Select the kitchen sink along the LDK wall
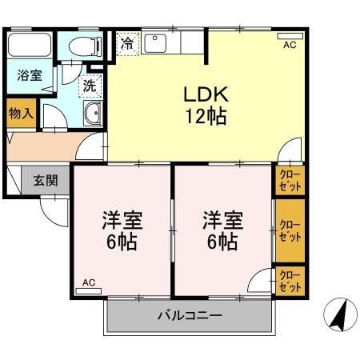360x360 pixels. pyautogui.click(x=155, y=43)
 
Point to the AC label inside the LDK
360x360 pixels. pyautogui.click(x=290, y=46)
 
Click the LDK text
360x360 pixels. pyautogui.click(x=206, y=94)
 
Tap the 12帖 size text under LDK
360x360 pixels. pyautogui.click(x=206, y=117)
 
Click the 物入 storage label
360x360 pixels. pyautogui.click(x=21, y=114)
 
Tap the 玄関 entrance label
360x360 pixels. pyautogui.click(x=45, y=180)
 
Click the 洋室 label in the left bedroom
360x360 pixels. pyautogui.click(x=121, y=218)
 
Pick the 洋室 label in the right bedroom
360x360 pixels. pyautogui.click(x=222, y=218)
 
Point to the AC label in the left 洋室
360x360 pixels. pyautogui.click(x=89, y=282)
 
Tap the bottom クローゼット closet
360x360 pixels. pyautogui.click(x=290, y=282)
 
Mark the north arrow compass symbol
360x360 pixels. pyautogui.click(x=338, y=316)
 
